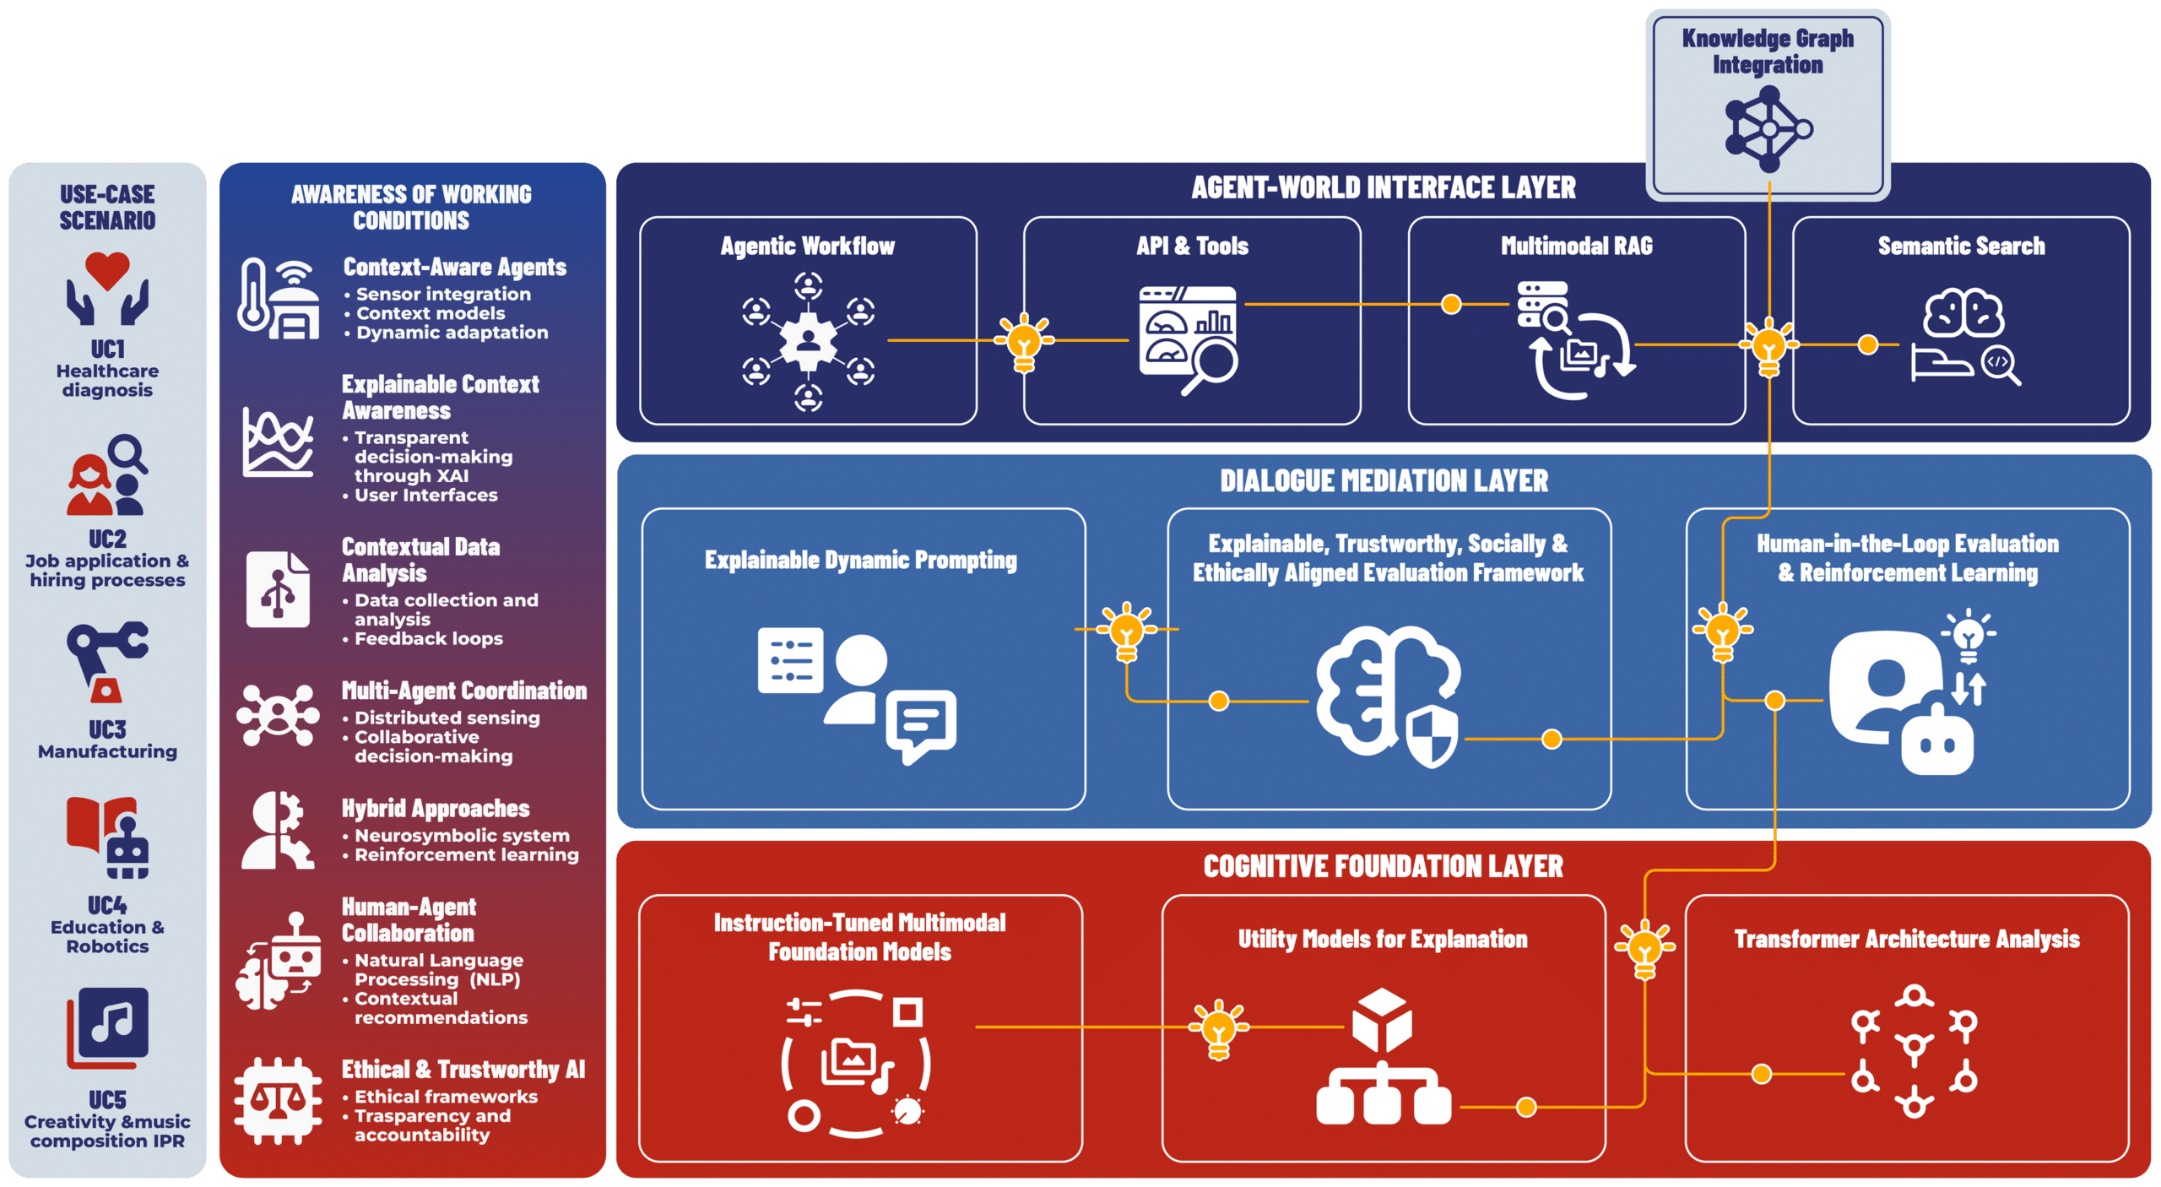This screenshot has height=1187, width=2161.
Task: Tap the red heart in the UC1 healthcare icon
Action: (107, 269)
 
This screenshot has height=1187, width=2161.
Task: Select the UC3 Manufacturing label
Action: (107, 740)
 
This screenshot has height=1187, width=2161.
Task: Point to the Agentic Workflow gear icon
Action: (808, 340)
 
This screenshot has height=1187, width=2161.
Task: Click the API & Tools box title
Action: (1192, 246)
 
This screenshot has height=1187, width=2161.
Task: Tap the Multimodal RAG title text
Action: (1576, 246)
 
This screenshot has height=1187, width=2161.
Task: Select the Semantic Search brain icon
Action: (1963, 313)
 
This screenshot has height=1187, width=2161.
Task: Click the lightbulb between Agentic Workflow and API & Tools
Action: (1024, 341)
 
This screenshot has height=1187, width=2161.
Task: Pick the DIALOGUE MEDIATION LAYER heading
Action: (1384, 481)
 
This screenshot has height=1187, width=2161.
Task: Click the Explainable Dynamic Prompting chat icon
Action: (920, 724)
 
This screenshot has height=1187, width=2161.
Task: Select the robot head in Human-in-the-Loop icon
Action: (1937, 743)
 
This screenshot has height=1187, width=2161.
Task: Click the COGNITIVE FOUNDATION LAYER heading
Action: (1383, 867)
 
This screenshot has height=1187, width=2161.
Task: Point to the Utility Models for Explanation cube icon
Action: (1382, 1019)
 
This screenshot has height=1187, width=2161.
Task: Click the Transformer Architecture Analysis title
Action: (1906, 939)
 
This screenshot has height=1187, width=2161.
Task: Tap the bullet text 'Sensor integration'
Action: (443, 294)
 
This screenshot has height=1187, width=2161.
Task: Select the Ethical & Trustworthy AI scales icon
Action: (278, 1100)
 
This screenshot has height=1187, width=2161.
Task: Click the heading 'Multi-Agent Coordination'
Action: (463, 691)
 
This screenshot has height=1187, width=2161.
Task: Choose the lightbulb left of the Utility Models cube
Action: (1218, 1027)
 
